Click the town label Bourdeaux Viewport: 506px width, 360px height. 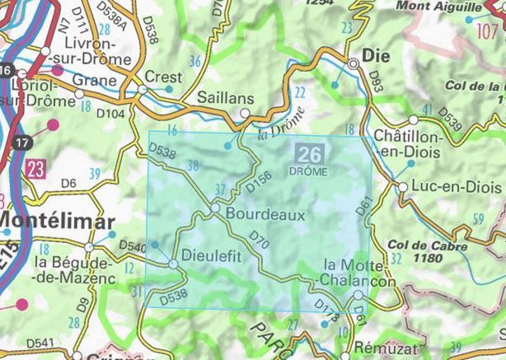click(x=265, y=213)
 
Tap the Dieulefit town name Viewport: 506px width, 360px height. click(x=211, y=255)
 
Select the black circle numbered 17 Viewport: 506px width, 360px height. click(x=22, y=143)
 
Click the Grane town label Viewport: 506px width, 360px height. click(x=95, y=80)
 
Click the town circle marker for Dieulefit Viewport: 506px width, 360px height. click(x=172, y=263)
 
